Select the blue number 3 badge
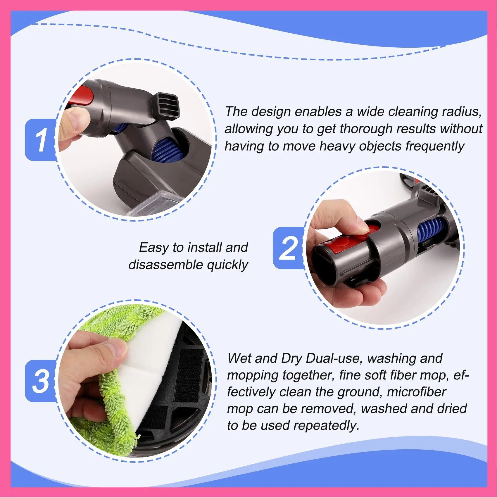click(41, 381)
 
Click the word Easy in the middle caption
click(154, 247)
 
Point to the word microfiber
click(416, 392)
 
